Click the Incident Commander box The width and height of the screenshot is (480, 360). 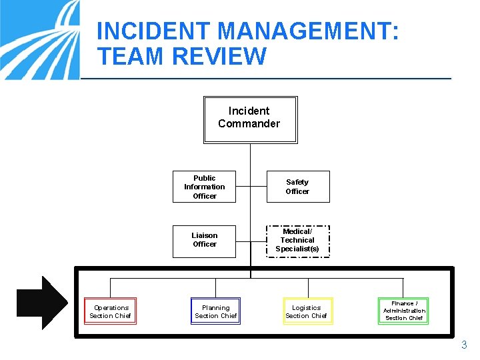coord(249,119)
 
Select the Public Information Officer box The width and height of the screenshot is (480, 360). coord(205,187)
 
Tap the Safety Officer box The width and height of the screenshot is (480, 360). coord(297,187)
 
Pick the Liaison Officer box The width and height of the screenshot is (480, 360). coord(205,240)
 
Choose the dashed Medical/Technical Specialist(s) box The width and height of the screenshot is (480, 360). coord(297,241)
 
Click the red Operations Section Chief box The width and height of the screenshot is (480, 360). coord(111,311)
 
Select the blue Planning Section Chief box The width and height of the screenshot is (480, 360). coord(215,311)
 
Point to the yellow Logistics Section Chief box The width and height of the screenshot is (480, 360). coord(307,311)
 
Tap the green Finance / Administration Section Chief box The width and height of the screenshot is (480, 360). coord(403,311)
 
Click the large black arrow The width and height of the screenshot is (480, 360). coord(41,303)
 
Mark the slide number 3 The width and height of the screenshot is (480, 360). coord(464,345)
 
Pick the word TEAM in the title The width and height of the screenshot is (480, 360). coord(131,57)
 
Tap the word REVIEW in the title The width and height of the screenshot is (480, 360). coord(219,57)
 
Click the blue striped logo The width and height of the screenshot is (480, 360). coord(40,40)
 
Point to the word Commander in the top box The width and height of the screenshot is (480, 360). coord(249,123)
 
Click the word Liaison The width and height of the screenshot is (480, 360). coord(205,235)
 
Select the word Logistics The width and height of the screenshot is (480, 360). coord(307,308)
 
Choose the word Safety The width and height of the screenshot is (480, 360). coord(297,182)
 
